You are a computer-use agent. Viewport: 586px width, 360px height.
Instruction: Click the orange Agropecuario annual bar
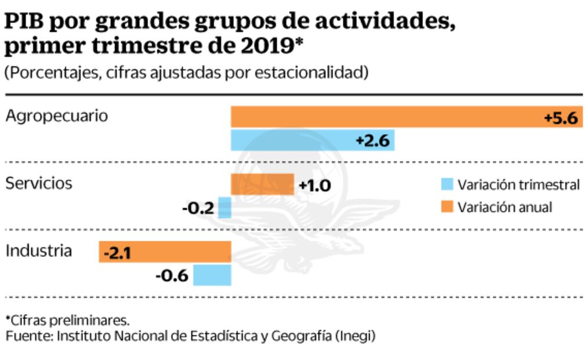(383, 117)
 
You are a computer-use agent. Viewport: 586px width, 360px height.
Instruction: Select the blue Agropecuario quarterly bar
(290, 141)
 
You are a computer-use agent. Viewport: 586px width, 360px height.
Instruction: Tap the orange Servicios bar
(262, 185)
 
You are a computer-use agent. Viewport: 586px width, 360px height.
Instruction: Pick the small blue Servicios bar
(225, 208)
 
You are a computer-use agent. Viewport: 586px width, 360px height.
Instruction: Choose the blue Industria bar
(212, 275)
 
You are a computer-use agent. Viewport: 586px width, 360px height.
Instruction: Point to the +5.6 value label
(560, 118)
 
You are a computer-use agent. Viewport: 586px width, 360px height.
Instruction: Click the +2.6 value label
(372, 141)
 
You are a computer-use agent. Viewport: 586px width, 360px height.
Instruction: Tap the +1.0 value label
(314, 186)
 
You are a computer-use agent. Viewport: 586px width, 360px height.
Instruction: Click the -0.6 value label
(172, 276)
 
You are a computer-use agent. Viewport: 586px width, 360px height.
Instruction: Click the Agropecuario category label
(56, 116)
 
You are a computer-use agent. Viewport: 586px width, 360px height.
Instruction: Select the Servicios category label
(39, 183)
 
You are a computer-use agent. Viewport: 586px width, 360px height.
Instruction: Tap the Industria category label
(39, 251)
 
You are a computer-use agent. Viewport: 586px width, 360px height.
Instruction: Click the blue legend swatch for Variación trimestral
(446, 185)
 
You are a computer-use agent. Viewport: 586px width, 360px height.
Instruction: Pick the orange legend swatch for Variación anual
(446, 207)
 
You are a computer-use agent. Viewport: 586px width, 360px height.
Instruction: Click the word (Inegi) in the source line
(355, 336)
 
